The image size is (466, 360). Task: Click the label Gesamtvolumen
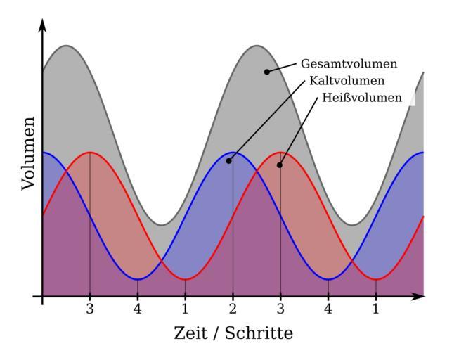point(349,64)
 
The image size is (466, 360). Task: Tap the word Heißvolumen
point(362,98)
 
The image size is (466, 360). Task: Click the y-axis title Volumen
point(28,153)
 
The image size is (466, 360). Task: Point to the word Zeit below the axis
point(191,333)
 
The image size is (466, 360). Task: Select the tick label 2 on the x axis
point(233,309)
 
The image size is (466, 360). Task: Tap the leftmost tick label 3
point(90,309)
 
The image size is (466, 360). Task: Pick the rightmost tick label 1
point(375,309)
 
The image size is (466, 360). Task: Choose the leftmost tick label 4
point(138,309)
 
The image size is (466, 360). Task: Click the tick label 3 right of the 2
point(280,309)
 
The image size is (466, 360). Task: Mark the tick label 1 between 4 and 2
point(185,309)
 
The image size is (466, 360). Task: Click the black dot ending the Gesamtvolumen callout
point(266,72)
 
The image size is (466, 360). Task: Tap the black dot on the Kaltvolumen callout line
point(228,161)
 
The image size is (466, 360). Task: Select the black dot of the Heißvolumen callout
point(279,165)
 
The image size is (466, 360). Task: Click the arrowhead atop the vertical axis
point(42,25)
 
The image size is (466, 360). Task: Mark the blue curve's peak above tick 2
point(233,152)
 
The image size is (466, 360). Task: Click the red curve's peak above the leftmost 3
point(90,152)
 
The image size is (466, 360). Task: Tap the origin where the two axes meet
point(42,296)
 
